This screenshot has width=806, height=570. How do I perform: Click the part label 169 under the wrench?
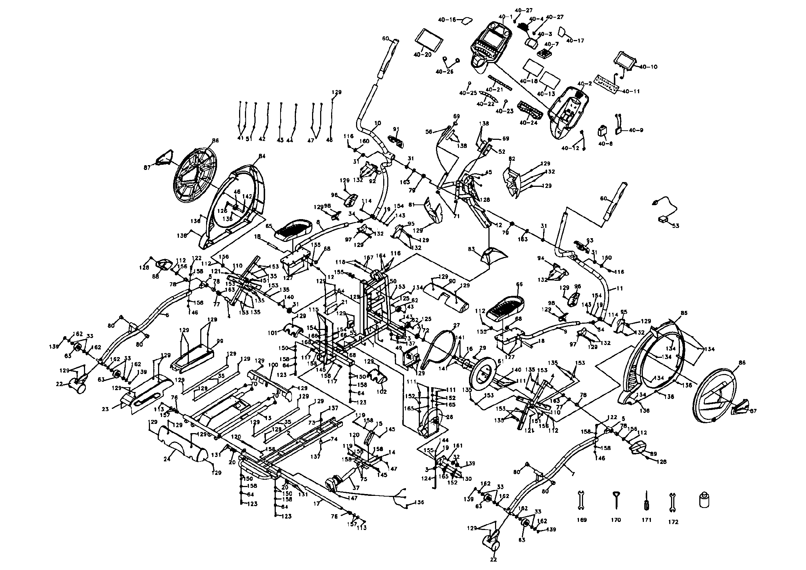pos(582,520)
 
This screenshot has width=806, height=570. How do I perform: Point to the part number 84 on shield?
pos(261,156)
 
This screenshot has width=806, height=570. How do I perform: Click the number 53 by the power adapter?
pos(675,226)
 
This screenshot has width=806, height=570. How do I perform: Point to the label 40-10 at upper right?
pos(648,67)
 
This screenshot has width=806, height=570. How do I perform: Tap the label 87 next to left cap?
pos(148,168)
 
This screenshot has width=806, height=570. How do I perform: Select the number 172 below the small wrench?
pos(673,522)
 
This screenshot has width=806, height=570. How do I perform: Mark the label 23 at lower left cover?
pos(106,409)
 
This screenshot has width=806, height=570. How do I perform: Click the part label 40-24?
pos(528,123)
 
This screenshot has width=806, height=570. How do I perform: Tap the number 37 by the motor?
pos(356,488)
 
